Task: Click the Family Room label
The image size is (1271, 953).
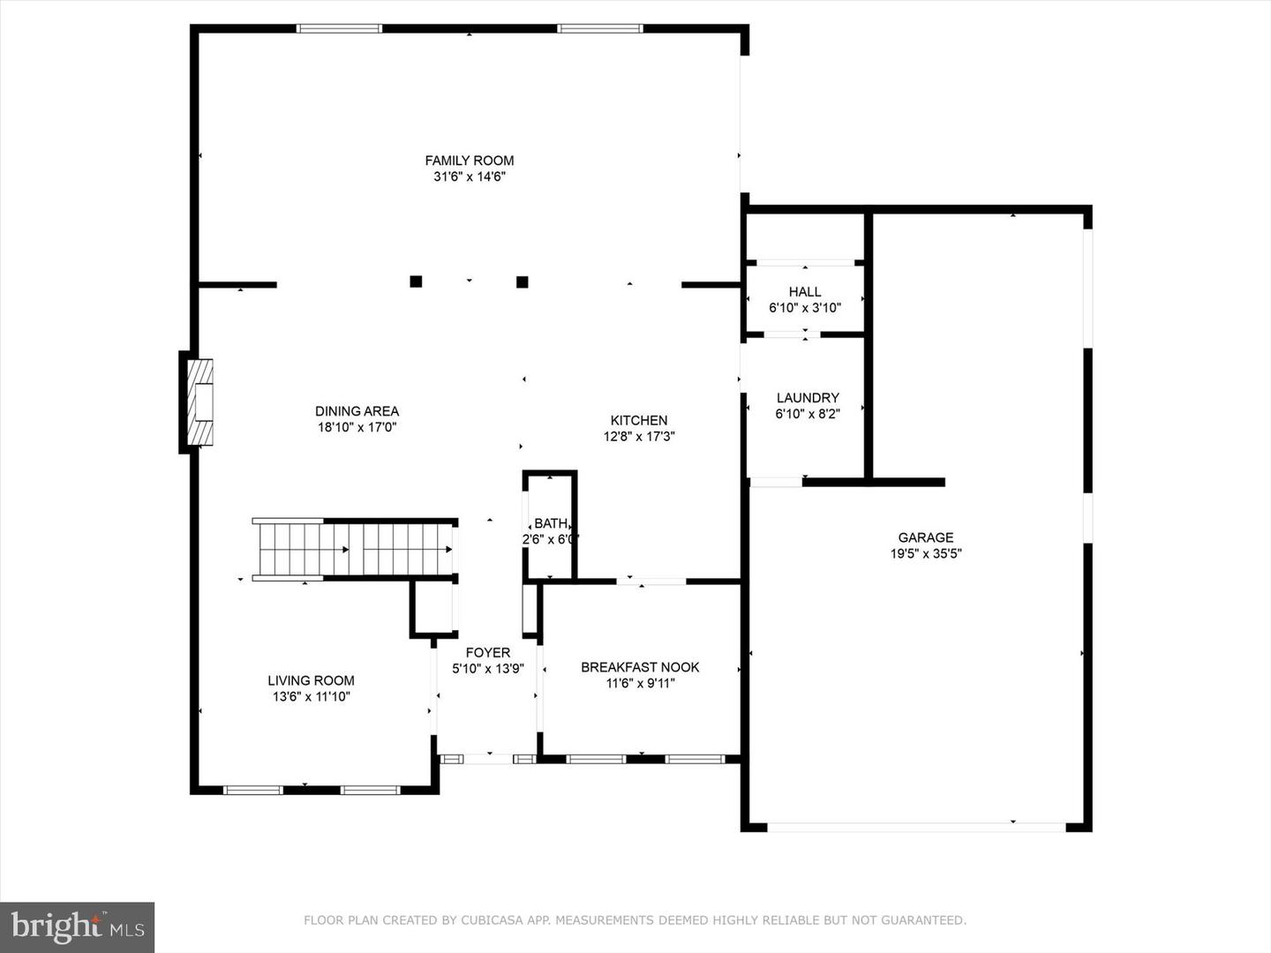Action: (x=469, y=161)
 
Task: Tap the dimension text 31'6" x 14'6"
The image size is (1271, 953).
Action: (x=469, y=176)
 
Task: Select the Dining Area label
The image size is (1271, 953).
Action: (x=357, y=411)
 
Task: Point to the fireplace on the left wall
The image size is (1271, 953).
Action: (x=200, y=401)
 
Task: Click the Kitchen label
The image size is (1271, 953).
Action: (x=639, y=421)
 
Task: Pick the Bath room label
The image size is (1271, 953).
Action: (x=550, y=524)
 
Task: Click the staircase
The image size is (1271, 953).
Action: (x=354, y=549)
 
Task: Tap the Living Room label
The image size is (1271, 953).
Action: (x=311, y=680)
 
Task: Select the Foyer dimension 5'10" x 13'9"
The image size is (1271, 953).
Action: (x=488, y=669)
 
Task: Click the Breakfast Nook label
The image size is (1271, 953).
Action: (x=640, y=667)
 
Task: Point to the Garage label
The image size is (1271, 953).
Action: (x=925, y=537)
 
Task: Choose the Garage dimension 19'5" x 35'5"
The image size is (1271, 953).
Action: (x=925, y=554)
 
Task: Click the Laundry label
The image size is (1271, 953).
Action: (x=807, y=398)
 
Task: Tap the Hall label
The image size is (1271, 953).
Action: (x=804, y=292)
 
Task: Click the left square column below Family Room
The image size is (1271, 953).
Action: (x=416, y=281)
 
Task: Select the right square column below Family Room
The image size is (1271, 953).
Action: (x=522, y=282)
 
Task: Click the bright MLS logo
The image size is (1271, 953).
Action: (x=78, y=927)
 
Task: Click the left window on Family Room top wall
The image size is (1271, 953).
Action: (x=340, y=29)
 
